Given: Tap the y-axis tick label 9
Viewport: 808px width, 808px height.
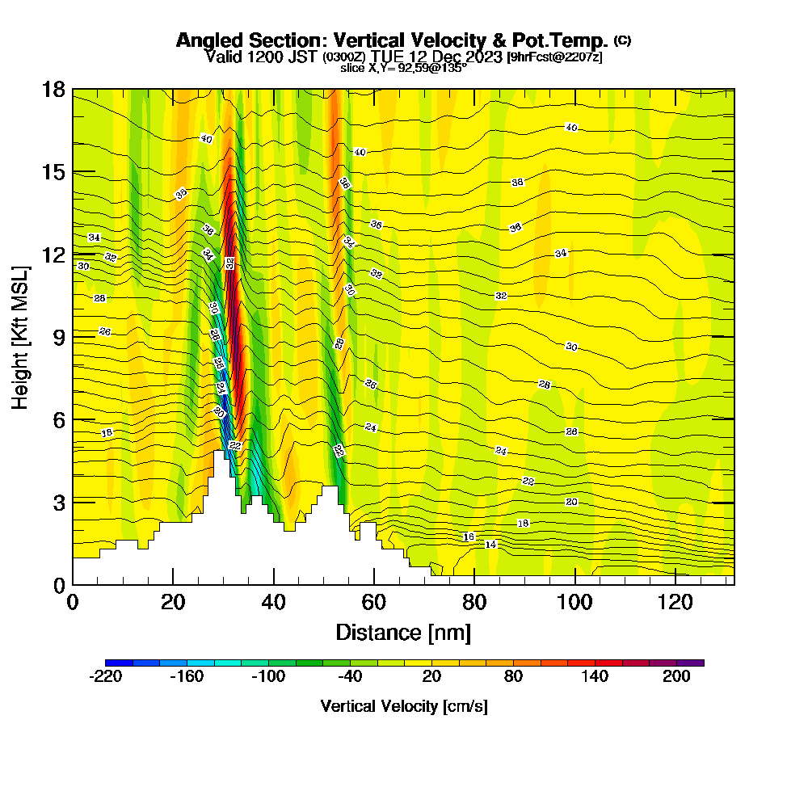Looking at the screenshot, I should point(58,336).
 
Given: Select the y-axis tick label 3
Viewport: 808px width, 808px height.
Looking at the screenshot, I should point(58,502).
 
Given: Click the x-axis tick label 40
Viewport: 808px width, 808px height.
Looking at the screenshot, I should point(274,602).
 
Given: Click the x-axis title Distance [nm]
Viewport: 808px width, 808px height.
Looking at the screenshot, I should point(403,632).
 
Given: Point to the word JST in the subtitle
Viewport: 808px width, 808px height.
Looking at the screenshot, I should point(305,57).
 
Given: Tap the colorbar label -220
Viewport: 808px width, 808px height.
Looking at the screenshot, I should point(105,677).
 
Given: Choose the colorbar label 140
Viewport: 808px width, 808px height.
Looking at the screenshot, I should point(595,677).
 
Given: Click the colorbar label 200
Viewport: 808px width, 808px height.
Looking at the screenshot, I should point(676,677).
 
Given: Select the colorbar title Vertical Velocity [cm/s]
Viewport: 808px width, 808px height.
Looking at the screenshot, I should point(403,706).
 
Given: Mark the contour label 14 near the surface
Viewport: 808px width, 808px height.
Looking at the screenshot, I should point(490,545).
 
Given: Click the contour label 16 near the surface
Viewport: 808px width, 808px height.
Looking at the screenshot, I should point(469,537).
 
